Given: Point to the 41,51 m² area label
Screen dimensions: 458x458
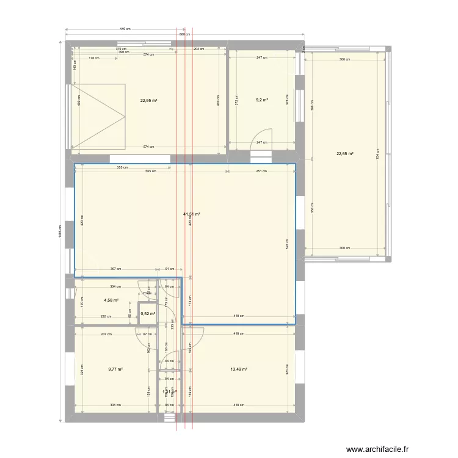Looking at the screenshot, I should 192,214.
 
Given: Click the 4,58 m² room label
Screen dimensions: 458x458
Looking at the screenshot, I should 110,300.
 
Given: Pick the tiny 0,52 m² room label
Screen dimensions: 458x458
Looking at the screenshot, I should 147,314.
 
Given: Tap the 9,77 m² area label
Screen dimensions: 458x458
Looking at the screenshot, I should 115,369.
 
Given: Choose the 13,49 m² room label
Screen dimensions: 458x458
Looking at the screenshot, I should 239,369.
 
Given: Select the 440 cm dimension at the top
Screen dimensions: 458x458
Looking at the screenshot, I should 125,29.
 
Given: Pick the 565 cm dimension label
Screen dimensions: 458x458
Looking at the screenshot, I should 150,172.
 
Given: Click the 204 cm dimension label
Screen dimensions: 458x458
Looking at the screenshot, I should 199,49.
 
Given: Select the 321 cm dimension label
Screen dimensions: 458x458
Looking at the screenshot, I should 82,368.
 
